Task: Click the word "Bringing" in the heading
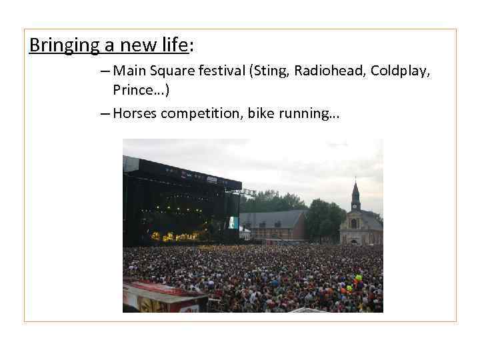click(57, 45)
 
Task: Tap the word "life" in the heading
click(174, 45)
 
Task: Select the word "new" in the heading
click(136, 45)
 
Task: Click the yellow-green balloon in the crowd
click(358, 277)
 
